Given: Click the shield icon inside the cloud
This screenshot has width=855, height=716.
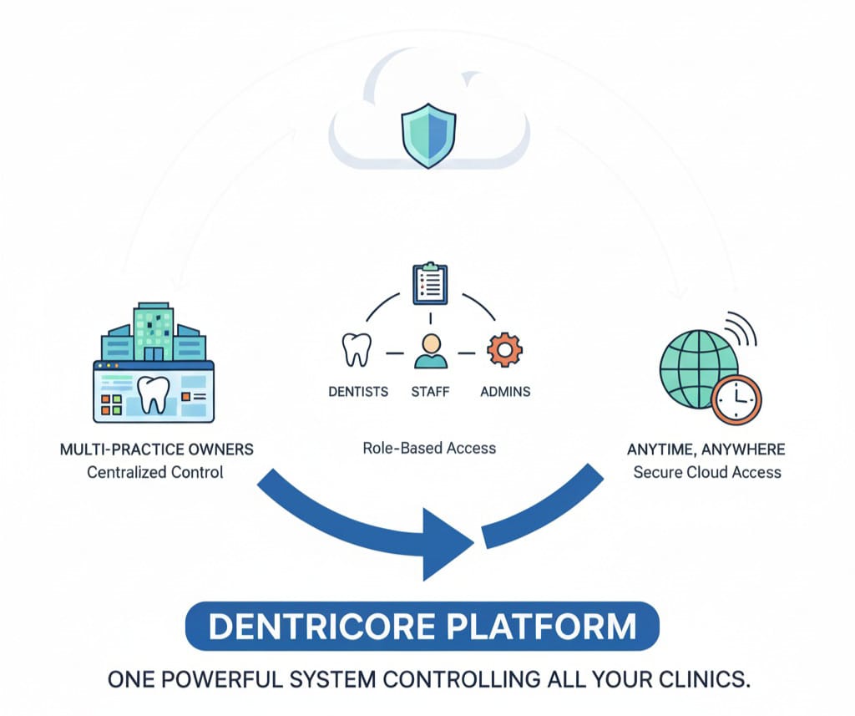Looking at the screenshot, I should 428,135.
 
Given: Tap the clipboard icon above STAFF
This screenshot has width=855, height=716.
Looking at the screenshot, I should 430,284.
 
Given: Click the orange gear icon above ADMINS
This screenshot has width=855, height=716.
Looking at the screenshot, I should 503,349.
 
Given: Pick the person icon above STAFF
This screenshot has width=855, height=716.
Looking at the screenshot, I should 430,350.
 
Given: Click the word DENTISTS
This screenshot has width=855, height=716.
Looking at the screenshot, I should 357,391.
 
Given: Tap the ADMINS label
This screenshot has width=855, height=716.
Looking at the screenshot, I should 505,391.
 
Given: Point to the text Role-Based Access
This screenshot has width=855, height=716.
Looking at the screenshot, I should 429,448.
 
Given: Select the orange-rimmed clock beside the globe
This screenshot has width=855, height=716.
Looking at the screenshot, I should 737,400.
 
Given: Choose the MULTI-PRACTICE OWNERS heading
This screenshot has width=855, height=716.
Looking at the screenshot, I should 156,449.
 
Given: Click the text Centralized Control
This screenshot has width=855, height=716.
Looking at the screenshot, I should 155,472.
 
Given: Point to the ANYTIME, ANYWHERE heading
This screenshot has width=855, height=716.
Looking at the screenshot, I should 706,449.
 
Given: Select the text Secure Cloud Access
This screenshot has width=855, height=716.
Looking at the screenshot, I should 706,472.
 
